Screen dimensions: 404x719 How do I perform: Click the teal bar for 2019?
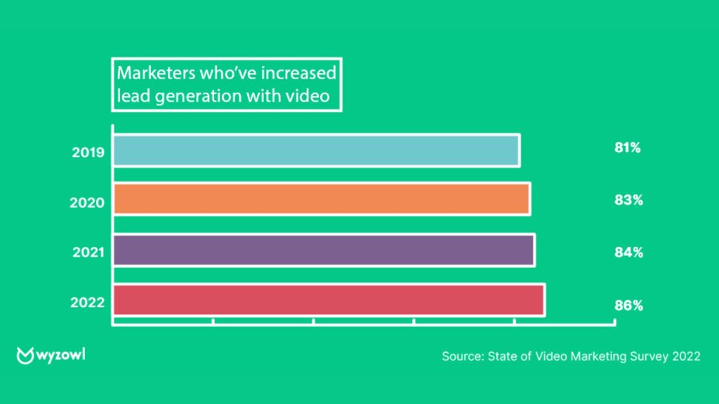pos(316,150)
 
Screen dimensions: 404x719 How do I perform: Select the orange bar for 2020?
pos(322,198)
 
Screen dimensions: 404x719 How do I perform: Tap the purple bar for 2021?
pos(324,250)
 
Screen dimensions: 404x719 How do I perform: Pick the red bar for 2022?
pos(329,300)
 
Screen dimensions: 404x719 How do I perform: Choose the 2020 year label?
pos(88,203)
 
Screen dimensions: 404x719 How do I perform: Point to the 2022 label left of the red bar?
pos(88,303)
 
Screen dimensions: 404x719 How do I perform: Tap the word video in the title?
pos(308,96)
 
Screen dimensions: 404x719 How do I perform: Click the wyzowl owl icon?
pos(25,355)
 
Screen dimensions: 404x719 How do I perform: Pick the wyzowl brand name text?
pos(61,355)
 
